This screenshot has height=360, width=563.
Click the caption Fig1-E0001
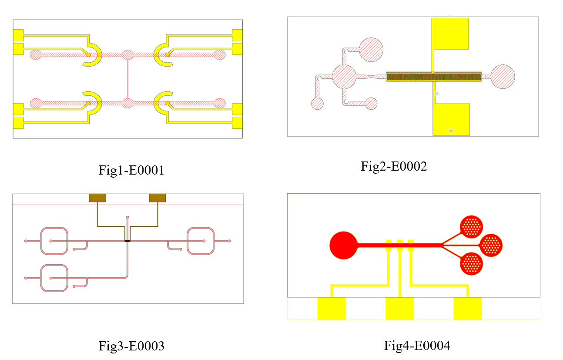131,170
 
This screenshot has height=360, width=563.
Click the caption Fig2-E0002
394,166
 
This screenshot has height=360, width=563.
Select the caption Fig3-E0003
131,346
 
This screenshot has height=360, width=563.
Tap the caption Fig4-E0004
417,346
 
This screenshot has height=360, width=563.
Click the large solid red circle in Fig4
343,246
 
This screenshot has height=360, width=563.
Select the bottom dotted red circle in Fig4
472,263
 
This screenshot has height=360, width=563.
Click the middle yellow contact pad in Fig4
399,308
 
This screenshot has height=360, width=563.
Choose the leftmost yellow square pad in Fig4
332,308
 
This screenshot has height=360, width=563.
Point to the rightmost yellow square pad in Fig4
468,308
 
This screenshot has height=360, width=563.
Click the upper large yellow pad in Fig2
450,34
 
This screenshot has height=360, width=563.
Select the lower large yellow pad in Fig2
451,119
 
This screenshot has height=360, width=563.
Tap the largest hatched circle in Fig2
344,77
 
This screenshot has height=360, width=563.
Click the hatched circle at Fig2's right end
503,77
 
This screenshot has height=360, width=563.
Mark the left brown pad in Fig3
97,198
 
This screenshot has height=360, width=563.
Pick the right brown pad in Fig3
158,198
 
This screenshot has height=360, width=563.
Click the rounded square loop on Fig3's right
201,241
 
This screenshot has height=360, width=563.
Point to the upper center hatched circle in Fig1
127,55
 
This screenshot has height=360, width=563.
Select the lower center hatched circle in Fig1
127,103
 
